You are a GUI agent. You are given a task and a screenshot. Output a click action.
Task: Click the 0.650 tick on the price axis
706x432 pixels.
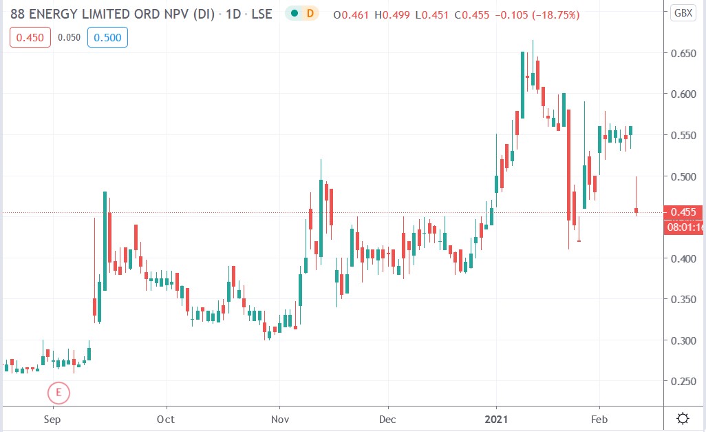[x=683, y=53]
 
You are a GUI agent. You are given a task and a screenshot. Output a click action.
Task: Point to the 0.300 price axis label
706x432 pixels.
[x=683, y=340]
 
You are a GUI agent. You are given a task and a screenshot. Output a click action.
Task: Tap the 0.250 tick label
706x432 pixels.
[x=683, y=381]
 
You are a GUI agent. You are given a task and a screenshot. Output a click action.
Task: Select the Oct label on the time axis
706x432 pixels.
[x=165, y=418]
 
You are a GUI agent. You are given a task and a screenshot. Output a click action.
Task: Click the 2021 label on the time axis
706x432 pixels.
[x=496, y=418]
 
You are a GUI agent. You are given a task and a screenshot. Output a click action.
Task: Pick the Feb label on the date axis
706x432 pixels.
[x=599, y=418]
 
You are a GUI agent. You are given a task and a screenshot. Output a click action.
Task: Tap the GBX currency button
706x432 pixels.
[x=683, y=13]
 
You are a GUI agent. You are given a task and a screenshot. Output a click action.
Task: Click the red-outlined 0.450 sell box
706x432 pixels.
[x=30, y=38]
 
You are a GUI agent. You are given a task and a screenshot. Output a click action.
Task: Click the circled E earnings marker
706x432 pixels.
[x=58, y=393]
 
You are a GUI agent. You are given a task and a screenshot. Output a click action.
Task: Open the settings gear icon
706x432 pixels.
[x=683, y=418]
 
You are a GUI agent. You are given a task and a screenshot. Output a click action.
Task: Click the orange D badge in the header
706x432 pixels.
[x=310, y=14]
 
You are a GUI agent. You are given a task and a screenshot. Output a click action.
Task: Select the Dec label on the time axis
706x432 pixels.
[x=387, y=418]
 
